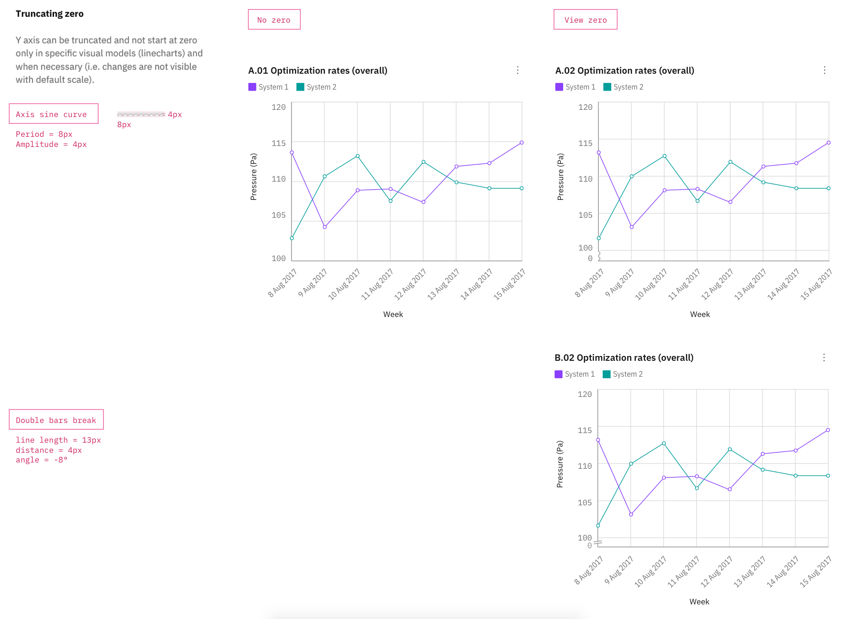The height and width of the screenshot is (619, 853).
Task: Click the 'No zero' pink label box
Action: [274, 20]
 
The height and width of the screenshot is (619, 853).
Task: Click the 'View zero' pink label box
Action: [585, 20]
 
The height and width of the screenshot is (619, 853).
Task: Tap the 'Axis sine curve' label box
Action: [53, 114]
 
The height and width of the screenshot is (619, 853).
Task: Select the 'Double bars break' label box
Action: [56, 420]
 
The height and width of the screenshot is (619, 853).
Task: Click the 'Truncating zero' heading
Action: [50, 14]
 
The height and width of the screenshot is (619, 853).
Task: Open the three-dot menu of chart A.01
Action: [517, 70]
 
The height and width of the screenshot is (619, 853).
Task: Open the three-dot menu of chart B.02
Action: [824, 357]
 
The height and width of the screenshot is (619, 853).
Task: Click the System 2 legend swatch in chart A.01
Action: [300, 87]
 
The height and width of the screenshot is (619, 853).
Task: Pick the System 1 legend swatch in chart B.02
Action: [558, 374]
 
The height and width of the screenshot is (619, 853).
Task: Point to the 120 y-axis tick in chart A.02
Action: [585, 107]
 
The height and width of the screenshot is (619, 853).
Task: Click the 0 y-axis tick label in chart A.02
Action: [590, 259]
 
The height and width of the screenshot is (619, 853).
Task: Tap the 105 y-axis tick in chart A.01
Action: [278, 215]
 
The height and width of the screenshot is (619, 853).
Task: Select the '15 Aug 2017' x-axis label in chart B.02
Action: [816, 572]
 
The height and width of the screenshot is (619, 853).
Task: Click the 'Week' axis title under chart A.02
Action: [699, 315]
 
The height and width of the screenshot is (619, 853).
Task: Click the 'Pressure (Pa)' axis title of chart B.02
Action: [559, 464]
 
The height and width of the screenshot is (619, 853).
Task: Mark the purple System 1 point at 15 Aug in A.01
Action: [521, 143]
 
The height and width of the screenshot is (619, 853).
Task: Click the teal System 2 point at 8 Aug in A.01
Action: [292, 238]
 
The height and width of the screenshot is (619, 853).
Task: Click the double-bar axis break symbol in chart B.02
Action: [598, 543]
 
